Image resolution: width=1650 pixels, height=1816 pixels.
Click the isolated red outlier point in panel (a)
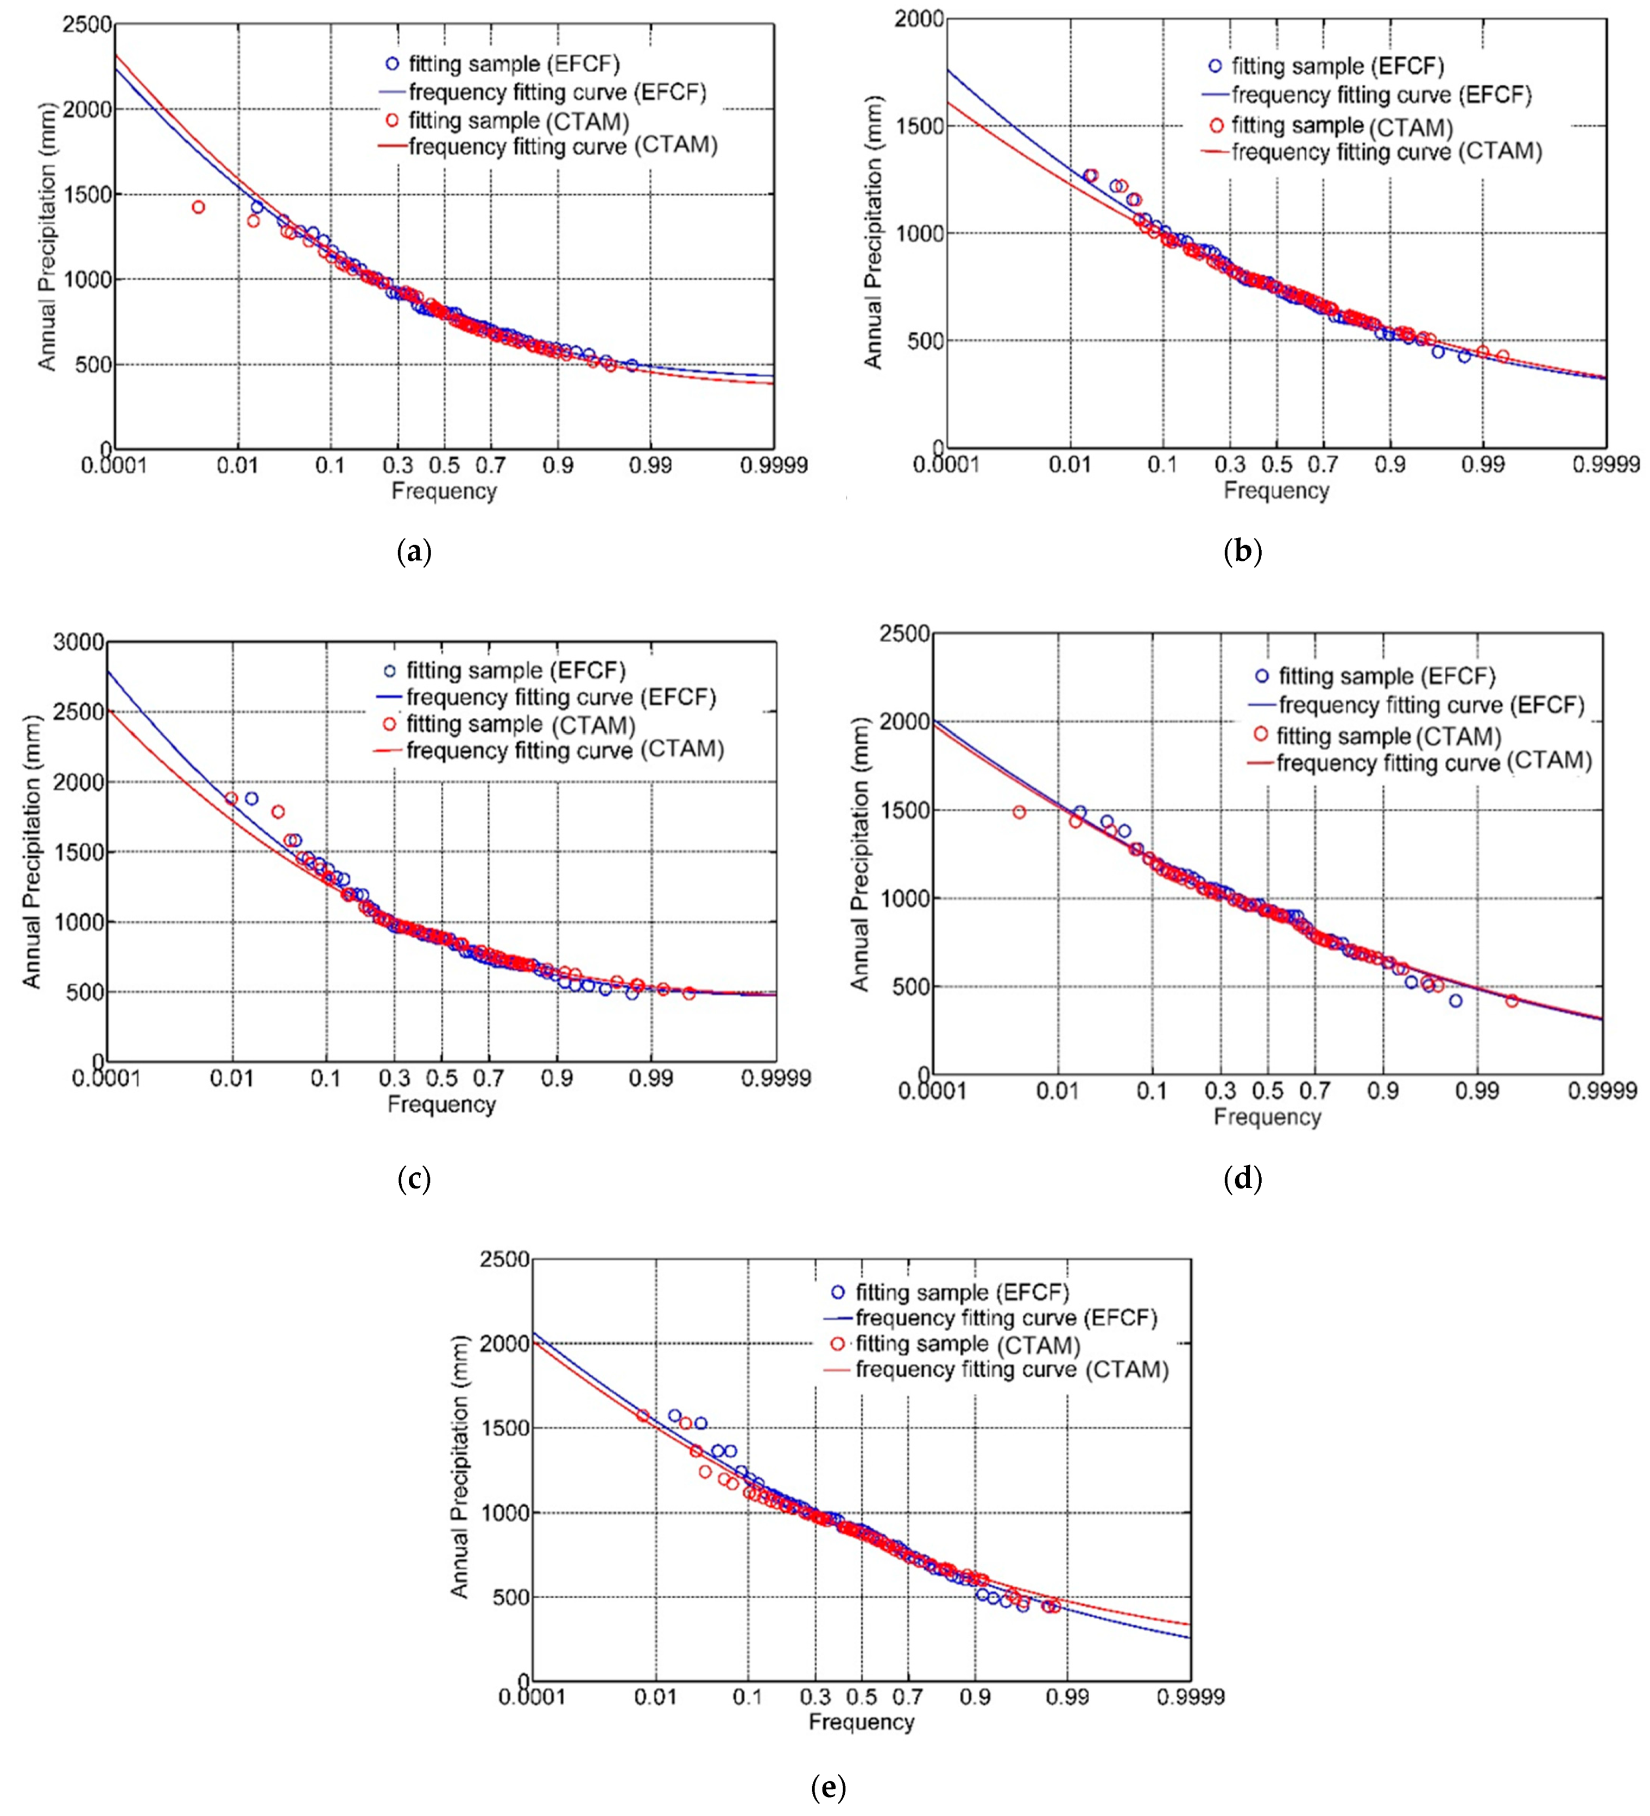198,207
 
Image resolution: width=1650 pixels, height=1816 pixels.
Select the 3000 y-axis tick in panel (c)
79,642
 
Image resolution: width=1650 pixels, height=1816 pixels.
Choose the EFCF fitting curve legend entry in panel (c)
560,697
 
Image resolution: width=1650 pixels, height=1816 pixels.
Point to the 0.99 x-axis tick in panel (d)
1477,1092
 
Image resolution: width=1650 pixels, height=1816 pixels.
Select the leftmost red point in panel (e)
643,1415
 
